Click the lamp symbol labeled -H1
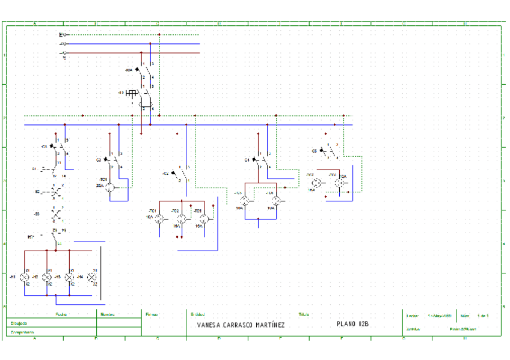(x=24, y=277)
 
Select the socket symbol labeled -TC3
(x=204, y=219)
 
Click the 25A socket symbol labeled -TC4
(x=110, y=188)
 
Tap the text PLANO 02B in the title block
(x=353, y=325)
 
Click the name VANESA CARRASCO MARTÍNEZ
(x=241, y=325)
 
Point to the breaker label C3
(x=99, y=160)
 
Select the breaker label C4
(x=247, y=160)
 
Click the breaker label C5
(x=315, y=150)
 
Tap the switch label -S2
(x=37, y=192)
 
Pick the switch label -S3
(x=37, y=214)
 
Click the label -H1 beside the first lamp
(x=13, y=277)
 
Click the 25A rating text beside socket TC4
(x=99, y=186)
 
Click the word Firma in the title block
(x=152, y=314)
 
